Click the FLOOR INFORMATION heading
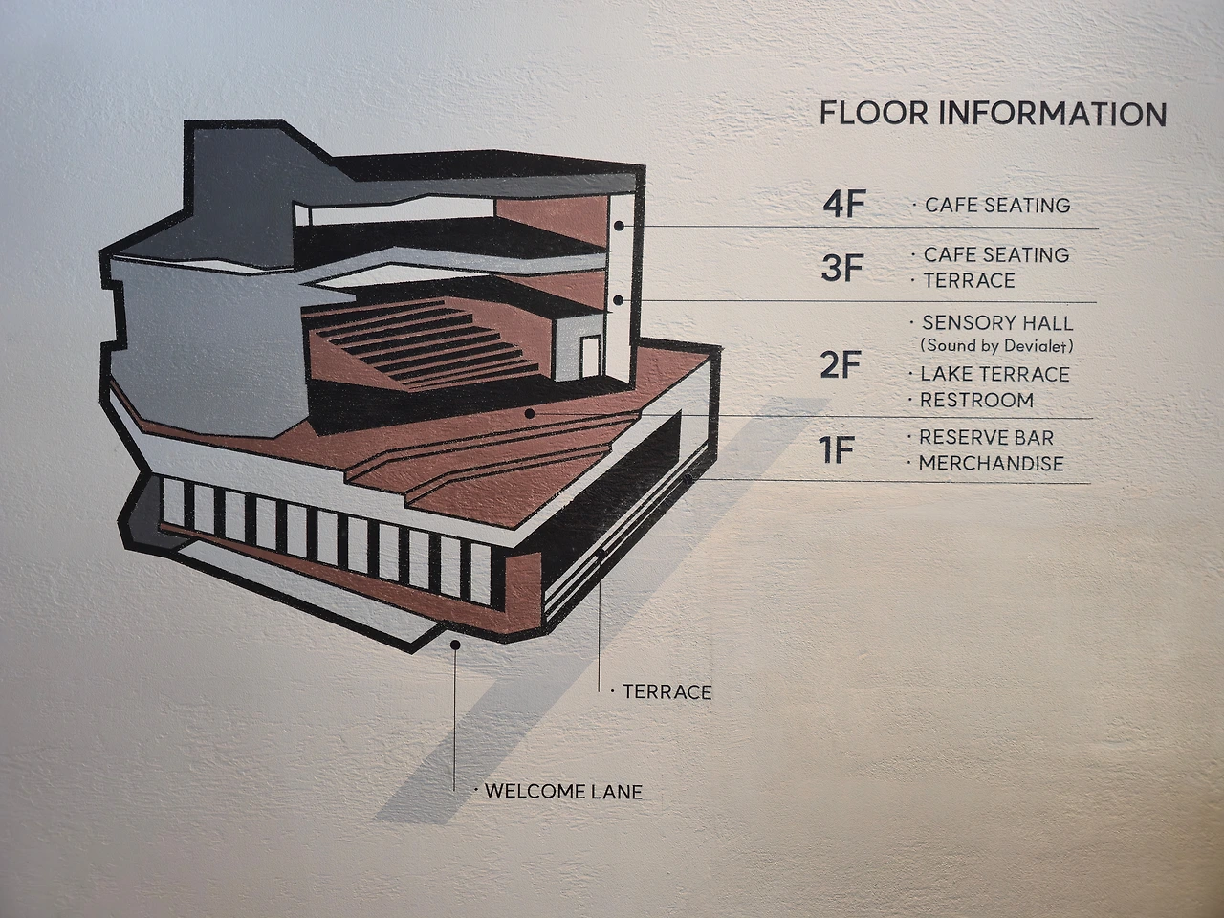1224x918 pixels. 993,114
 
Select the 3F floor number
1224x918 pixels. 841,269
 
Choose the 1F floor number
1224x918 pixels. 836,450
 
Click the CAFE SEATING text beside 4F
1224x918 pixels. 996,205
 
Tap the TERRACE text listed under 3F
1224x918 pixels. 969,280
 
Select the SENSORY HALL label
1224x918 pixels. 996,323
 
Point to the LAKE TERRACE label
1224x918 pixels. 994,374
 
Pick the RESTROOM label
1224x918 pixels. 976,400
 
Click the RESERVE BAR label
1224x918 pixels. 986,437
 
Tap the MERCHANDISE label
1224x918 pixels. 991,463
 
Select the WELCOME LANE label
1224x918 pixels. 563,791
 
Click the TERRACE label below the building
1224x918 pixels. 667,690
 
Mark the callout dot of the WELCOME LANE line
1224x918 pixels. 455,645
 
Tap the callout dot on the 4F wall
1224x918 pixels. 620,226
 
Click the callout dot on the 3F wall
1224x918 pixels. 620,300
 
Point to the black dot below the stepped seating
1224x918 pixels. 529,414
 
